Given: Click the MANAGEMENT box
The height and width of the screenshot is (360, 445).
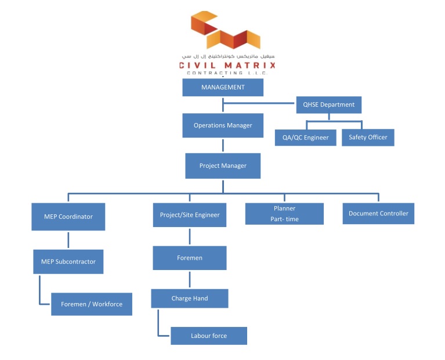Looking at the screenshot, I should [x=223, y=88].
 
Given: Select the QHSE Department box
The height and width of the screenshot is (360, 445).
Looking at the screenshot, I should [x=328, y=105].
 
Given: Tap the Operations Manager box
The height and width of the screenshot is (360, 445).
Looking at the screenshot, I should [x=223, y=125].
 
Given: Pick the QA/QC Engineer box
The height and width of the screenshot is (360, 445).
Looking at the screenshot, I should [x=305, y=138].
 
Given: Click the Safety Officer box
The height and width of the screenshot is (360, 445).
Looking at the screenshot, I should [x=368, y=138].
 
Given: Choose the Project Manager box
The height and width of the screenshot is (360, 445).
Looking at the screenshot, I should [x=223, y=166].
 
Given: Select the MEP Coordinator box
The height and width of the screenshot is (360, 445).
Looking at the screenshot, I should [x=68, y=217].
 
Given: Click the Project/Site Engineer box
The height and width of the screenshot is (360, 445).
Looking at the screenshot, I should [x=190, y=215].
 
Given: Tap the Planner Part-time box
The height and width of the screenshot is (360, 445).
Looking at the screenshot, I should [x=284, y=214].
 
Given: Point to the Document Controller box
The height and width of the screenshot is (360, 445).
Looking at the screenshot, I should [x=378, y=214].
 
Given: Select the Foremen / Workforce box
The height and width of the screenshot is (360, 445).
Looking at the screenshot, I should [x=92, y=304].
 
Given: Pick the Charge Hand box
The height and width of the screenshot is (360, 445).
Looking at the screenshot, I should [x=189, y=298].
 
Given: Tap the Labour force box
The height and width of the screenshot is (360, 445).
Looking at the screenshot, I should [x=209, y=336].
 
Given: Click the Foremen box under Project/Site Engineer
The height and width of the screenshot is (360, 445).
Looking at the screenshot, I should [x=189, y=258].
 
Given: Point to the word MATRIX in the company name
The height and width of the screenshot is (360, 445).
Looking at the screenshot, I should [x=250, y=66].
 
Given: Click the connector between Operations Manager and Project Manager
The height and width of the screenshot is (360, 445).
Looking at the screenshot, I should [x=223, y=145].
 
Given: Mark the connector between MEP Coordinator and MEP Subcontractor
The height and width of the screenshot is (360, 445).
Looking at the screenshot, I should [x=68, y=240].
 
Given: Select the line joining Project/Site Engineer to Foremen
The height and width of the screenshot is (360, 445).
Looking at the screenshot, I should [x=190, y=236].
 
